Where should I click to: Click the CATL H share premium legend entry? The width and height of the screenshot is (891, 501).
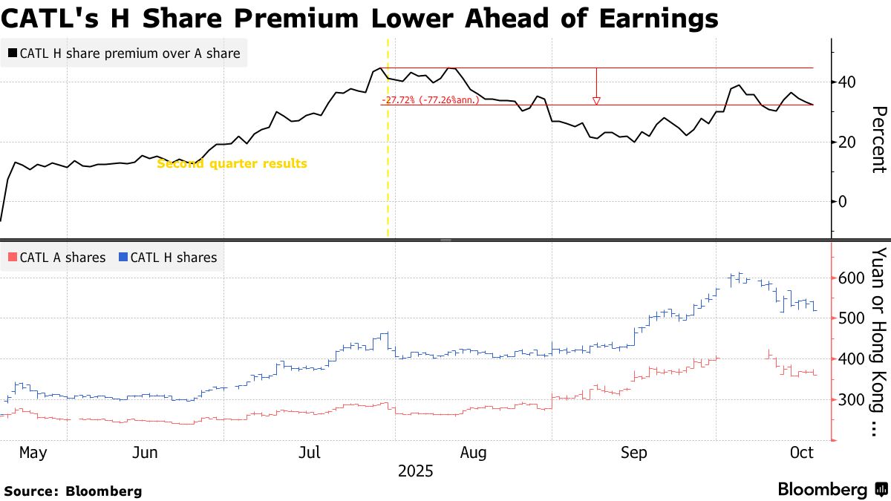124,53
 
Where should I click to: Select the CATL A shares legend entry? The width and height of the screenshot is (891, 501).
57,258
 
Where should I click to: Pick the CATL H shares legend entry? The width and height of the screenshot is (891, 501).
168,258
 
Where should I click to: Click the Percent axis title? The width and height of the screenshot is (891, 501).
878,140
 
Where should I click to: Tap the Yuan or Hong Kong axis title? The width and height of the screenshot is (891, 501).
878,341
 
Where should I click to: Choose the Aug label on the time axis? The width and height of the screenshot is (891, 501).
473,452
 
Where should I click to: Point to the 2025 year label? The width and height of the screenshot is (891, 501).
415,471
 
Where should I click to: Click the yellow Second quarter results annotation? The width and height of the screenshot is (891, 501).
232,163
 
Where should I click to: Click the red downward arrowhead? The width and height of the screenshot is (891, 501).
595,101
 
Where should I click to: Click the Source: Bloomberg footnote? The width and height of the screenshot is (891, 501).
73,491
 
